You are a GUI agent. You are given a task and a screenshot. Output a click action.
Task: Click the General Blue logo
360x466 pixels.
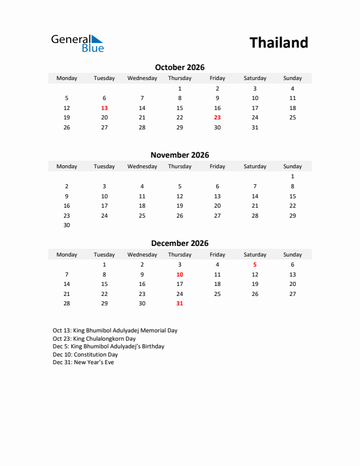coord(77,43)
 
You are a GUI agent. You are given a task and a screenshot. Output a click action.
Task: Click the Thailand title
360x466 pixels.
coord(278,43)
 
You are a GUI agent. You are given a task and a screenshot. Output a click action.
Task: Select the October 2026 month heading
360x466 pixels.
coord(179,68)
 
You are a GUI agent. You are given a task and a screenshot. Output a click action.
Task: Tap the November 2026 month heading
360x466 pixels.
coord(179,155)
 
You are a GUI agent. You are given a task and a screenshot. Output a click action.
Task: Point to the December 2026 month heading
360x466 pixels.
coord(179,243)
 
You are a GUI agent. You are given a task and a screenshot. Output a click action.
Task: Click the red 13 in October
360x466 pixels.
coord(104,108)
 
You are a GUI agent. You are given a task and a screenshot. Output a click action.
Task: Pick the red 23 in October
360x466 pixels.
coord(217,118)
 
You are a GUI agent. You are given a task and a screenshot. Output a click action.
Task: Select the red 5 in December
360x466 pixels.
coord(255,265)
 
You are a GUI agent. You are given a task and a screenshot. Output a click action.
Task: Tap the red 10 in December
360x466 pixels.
coord(179,275)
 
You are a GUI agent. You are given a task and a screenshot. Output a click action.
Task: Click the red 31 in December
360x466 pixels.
coord(179,304)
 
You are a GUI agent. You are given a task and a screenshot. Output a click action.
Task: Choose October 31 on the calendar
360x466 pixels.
coord(255,128)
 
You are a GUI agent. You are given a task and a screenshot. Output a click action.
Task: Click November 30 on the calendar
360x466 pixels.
coord(66,225)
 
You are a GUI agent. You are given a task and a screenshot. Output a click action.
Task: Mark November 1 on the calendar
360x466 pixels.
coord(292,177)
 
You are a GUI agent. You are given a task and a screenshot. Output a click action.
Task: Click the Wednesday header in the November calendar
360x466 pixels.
coord(142,167)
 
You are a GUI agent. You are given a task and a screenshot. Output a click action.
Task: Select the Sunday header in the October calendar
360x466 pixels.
coord(292,78)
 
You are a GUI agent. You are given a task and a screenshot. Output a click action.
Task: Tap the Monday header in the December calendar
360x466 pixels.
coord(66,255)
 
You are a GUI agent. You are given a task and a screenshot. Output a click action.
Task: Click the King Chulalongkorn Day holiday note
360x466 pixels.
coord(94,339)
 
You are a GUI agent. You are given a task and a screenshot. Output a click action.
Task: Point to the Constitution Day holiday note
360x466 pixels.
coord(85,355)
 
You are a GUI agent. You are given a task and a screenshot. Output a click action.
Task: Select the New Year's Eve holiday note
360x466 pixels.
coord(83,362)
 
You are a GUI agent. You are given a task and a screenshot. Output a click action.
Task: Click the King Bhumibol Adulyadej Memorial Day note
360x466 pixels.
coord(115,331)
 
